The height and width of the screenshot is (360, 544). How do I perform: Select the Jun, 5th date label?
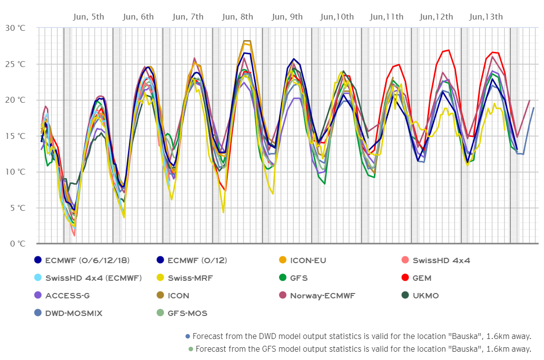pyautogui.click(x=88, y=17)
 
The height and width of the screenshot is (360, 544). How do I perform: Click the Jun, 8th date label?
pyautogui.click(x=237, y=17)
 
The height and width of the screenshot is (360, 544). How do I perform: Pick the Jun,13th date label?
pyautogui.click(x=486, y=17)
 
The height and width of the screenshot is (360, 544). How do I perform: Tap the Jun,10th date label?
pyautogui.click(x=337, y=17)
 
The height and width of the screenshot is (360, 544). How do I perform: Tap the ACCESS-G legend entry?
pyautogui.click(x=67, y=295)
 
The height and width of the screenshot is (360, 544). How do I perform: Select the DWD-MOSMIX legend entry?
pyautogui.click(x=73, y=313)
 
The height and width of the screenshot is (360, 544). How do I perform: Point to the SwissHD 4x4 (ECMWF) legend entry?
pyautogui.click(x=93, y=278)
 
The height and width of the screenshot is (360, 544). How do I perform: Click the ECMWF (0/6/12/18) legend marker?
pyautogui.click(x=38, y=260)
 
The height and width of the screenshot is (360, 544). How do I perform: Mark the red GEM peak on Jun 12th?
pyautogui.click(x=448, y=50)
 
